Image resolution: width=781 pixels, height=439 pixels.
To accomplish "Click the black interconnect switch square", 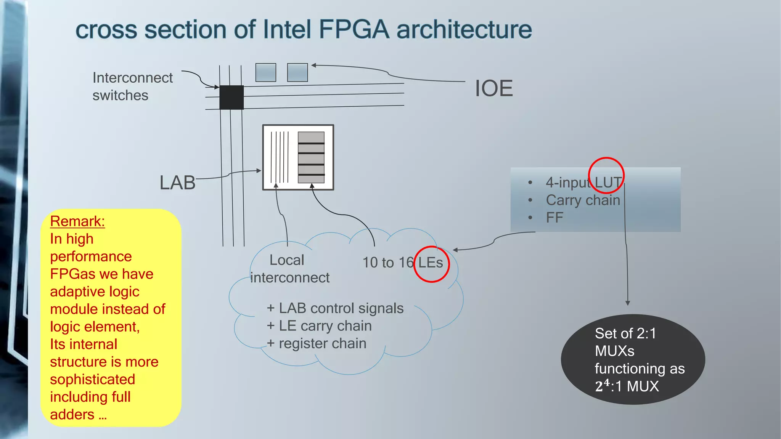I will [231, 97].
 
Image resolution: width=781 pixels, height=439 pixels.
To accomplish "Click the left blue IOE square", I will [266, 72].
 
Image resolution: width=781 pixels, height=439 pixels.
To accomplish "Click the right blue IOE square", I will [297, 72].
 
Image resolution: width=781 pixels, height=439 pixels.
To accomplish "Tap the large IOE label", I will [494, 88].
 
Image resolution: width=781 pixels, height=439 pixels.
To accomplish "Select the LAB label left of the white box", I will [177, 183].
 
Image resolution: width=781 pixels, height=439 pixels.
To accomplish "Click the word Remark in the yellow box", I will [77, 221].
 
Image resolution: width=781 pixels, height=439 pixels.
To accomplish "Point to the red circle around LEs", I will [431, 264].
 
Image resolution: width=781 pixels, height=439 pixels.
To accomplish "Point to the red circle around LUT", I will [606, 175].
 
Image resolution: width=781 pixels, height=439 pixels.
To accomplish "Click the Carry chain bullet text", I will [583, 200].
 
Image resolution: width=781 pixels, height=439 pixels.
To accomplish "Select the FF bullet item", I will [554, 218].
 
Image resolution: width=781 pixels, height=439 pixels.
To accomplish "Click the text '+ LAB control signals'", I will [335, 308].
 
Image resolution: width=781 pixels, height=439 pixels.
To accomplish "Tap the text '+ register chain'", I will [317, 343].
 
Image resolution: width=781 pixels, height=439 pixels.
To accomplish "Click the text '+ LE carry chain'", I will [319, 326].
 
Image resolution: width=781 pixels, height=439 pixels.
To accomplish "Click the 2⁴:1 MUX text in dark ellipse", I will [627, 386].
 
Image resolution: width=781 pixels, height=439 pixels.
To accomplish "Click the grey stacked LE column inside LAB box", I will [311, 157].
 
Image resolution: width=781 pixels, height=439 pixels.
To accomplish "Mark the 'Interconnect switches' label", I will [132, 87].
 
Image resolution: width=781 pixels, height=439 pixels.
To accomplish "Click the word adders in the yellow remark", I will [72, 414].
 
